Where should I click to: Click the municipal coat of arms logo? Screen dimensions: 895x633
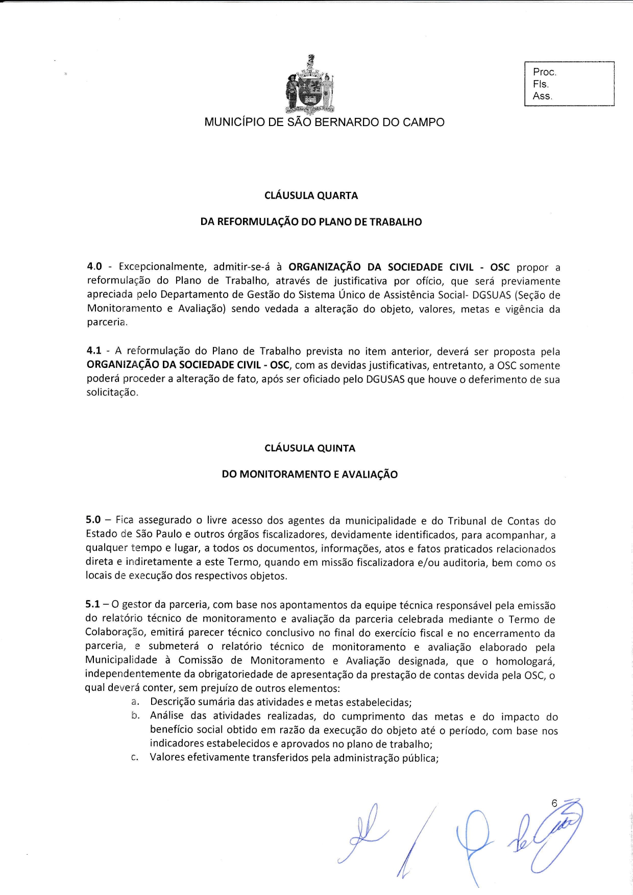[310, 84]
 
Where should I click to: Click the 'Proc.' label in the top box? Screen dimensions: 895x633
[545, 72]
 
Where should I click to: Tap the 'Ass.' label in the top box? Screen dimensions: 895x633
[543, 96]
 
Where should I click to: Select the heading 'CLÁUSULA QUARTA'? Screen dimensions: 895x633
[311, 195]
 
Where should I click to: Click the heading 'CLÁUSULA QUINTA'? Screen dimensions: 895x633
[310, 448]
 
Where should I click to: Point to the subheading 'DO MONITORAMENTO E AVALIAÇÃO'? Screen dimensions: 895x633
[309, 474]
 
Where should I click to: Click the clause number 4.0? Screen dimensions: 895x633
[94, 267]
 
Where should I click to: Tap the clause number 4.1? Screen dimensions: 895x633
[94, 351]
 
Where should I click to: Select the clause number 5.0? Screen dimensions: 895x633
[93, 520]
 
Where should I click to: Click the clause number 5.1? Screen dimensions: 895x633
[93, 605]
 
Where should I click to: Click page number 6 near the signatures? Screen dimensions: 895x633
[554, 803]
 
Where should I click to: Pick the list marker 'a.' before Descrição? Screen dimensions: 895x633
[135, 702]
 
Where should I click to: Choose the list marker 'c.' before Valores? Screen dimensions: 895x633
[135, 758]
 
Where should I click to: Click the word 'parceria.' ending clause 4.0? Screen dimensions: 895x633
[107, 322]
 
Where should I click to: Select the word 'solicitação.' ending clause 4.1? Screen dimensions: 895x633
[112, 393]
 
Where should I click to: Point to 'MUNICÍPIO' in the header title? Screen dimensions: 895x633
[229, 122]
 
